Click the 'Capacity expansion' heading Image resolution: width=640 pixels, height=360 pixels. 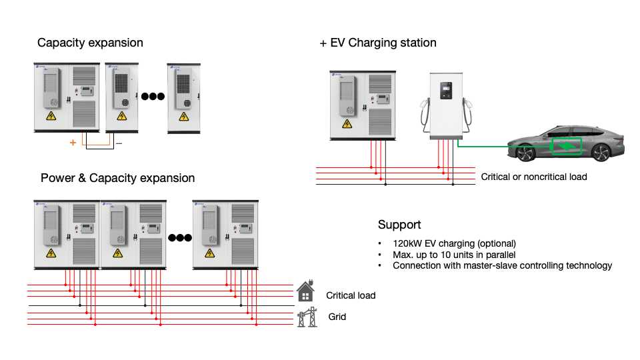90,43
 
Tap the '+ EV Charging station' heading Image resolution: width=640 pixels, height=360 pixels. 378,43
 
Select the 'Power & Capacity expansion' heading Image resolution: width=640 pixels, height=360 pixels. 117,178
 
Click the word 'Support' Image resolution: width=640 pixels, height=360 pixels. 399,225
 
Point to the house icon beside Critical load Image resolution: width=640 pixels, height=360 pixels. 306,291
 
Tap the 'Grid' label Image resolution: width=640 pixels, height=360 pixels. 337,317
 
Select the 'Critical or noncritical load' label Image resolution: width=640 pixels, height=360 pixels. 534,177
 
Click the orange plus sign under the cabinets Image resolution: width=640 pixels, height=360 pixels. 72,143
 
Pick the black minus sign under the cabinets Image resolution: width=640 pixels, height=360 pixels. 119,143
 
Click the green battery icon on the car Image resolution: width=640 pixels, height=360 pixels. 565,145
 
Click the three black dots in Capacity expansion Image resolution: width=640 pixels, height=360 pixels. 153,96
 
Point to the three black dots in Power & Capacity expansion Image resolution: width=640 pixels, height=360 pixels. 180,237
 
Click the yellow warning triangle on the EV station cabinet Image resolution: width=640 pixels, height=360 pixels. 347,124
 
